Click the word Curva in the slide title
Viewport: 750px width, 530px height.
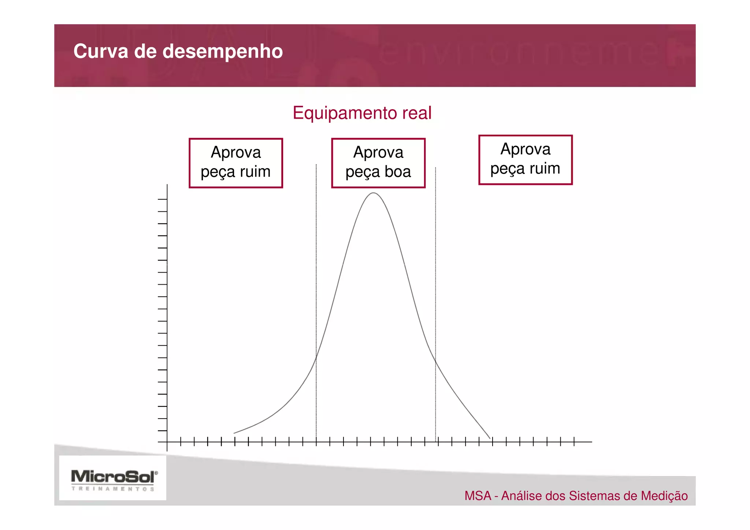tap(100, 51)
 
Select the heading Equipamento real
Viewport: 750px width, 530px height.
tap(362, 113)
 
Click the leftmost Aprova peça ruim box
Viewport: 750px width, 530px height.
tap(235, 163)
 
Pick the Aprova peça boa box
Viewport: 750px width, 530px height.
tap(378, 163)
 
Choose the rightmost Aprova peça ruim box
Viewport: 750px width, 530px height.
tap(525, 160)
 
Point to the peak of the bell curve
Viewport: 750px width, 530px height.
tap(373, 193)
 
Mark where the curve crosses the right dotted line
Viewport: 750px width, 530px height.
tap(435, 361)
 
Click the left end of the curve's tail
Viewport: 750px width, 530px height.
tap(234, 433)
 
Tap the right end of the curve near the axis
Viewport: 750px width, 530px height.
tap(490, 438)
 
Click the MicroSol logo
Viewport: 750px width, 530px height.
tap(114, 477)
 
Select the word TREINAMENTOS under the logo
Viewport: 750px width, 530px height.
tap(113, 489)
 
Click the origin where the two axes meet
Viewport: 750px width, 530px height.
tap(167, 442)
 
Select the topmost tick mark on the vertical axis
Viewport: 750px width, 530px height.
tap(163, 199)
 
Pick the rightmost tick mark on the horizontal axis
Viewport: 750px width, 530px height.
tap(574, 441)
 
